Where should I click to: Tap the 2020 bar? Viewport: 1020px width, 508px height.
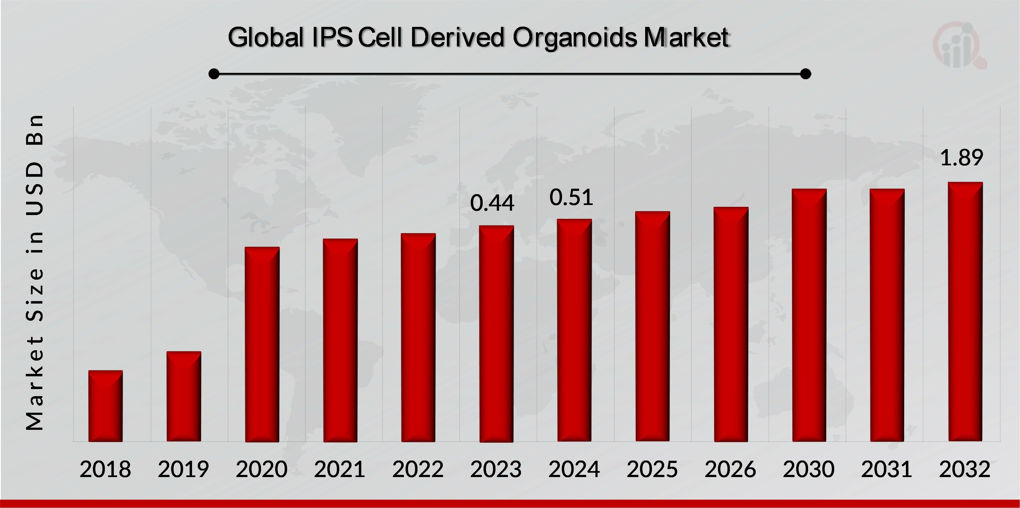click(x=262, y=344)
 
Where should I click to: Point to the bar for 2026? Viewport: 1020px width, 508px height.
click(x=731, y=324)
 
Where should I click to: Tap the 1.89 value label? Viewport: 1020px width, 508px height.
click(x=961, y=157)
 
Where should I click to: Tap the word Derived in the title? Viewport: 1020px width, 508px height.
click(x=458, y=37)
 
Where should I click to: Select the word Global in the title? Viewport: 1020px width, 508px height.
click(x=265, y=37)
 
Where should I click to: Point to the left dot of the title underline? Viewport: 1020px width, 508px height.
click(x=214, y=74)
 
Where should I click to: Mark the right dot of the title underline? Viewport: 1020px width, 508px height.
click(x=805, y=74)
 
